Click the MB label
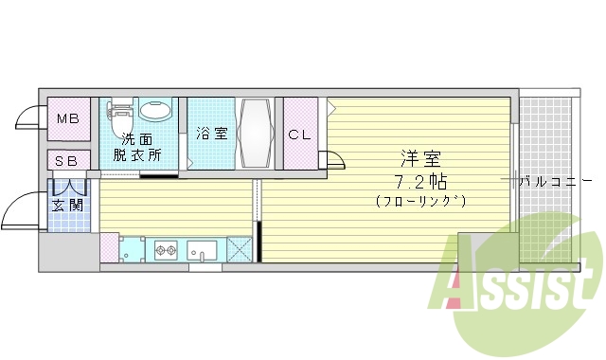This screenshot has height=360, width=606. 67,119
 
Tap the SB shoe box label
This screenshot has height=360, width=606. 67,161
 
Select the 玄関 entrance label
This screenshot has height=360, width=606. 67,206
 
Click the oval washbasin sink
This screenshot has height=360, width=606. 155,110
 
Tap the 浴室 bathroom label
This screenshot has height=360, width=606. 211,134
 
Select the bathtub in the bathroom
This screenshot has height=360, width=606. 257,133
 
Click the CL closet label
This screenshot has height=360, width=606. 299,135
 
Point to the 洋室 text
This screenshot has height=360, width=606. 420,158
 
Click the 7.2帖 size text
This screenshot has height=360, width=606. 420,180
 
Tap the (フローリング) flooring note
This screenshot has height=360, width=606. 420,201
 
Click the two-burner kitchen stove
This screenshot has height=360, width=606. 167,251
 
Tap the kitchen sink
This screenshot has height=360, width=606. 202,251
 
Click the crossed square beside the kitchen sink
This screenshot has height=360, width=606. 241,251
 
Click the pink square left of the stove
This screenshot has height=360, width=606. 109,247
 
